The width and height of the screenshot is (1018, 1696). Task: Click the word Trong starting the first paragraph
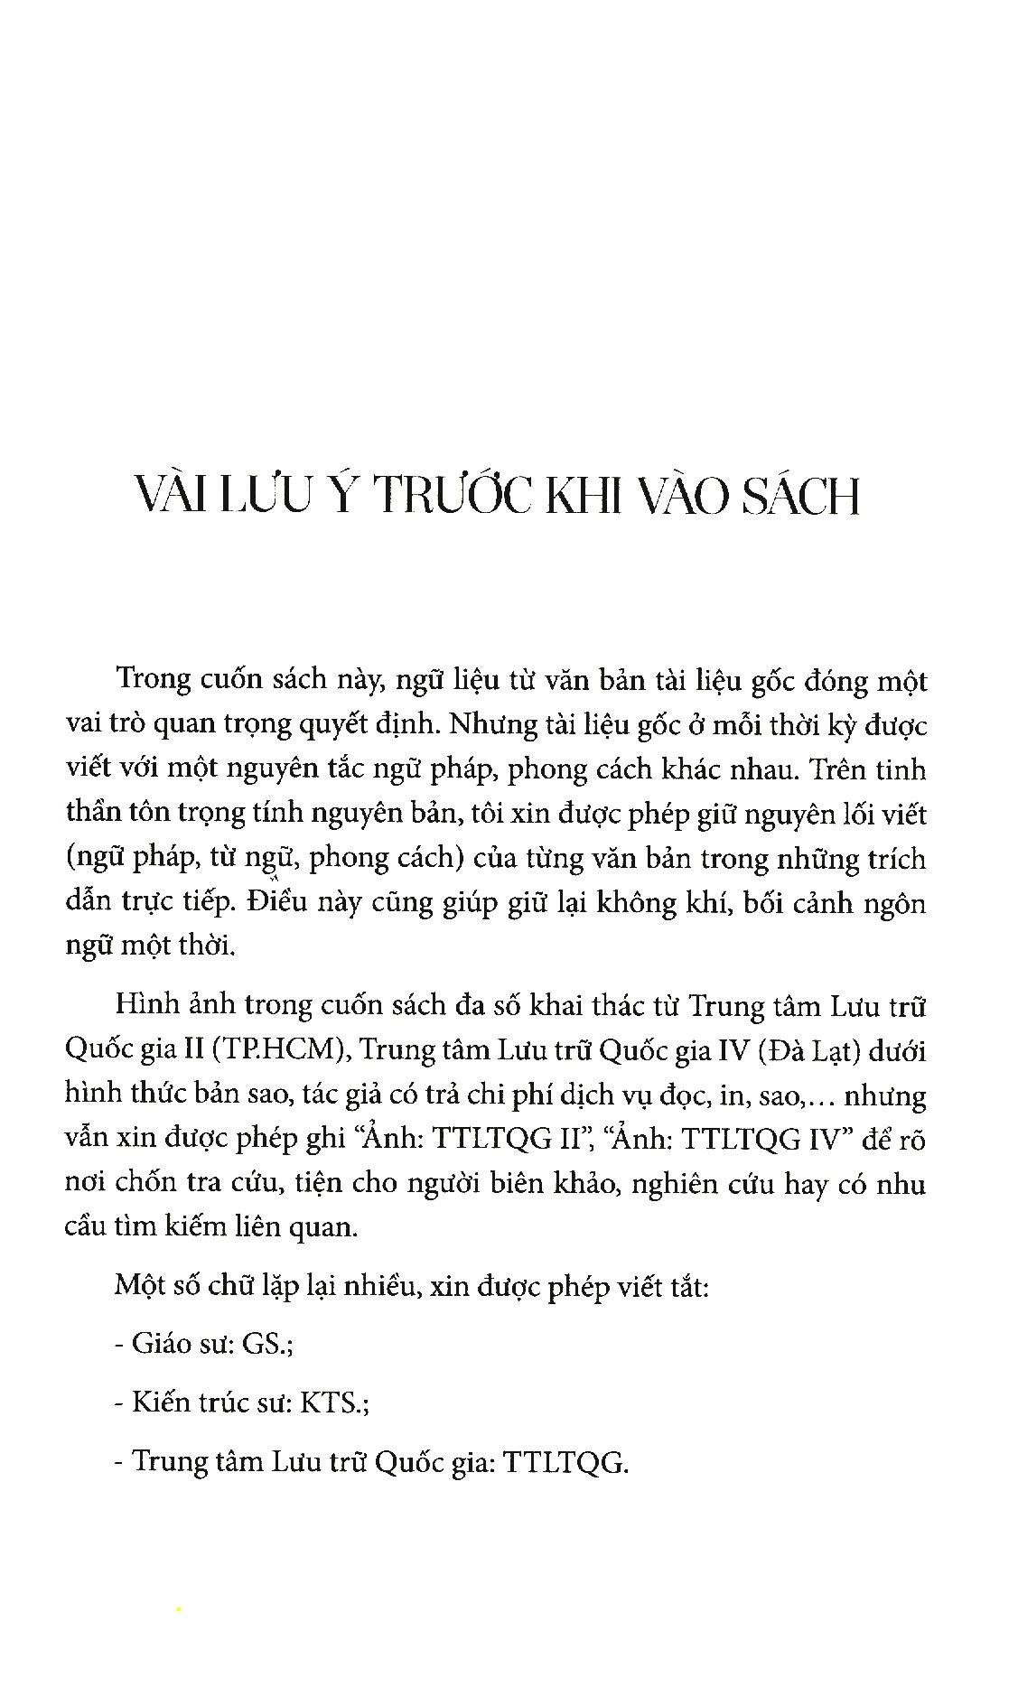[151, 679]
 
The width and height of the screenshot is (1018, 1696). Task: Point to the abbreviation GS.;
[266, 1344]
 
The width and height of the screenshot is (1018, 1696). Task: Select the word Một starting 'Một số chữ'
[140, 1286]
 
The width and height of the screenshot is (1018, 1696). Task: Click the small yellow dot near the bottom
[179, 1608]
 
